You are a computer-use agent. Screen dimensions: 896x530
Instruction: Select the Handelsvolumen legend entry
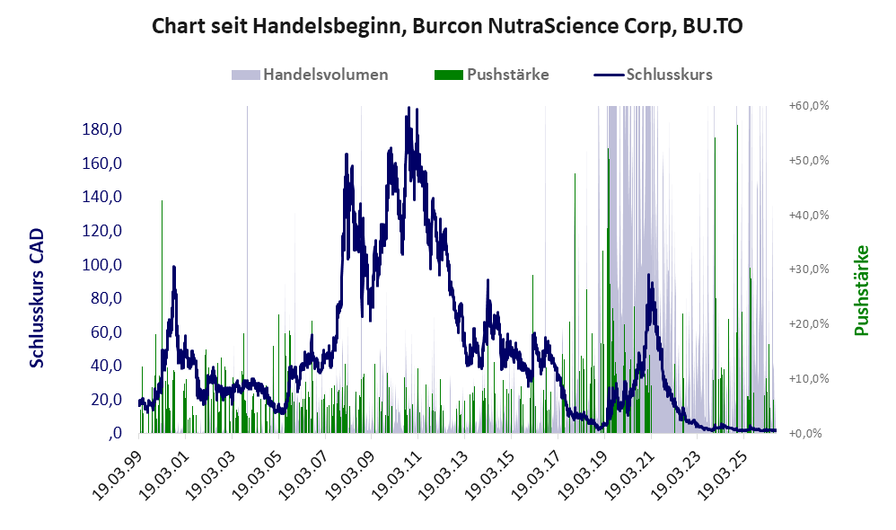tap(310, 75)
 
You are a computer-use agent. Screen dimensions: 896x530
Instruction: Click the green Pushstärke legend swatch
tap(449, 75)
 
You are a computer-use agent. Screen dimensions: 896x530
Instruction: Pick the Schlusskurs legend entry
tap(653, 75)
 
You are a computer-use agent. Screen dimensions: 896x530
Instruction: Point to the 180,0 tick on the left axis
tap(102, 129)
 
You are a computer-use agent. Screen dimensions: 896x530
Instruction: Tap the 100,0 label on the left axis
tap(102, 265)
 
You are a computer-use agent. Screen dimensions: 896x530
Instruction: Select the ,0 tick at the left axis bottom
tap(115, 433)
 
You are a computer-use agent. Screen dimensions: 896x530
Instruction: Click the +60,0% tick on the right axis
tap(809, 106)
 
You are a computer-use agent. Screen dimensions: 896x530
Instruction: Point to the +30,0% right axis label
tap(809, 269)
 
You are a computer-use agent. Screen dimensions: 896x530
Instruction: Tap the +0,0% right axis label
tap(805, 433)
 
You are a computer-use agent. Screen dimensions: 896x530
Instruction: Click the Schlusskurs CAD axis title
tap(37, 298)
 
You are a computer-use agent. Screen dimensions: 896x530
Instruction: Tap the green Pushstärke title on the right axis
tap(862, 290)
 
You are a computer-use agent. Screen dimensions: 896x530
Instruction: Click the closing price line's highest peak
tap(408, 108)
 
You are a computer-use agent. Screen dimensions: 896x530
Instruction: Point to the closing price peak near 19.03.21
tap(648, 275)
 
